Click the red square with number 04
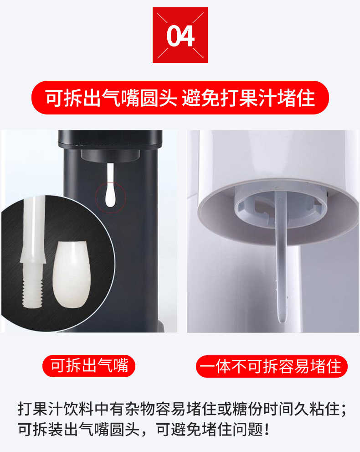click(x=180, y=35)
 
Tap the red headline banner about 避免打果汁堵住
click(x=180, y=98)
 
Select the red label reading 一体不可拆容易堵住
click(x=272, y=366)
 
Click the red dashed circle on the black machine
click(x=111, y=197)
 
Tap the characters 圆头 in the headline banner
click(x=159, y=98)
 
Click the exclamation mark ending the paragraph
click(x=267, y=430)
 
